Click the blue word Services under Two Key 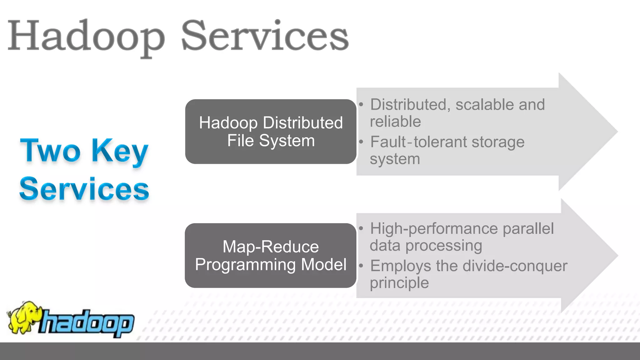point(84,189)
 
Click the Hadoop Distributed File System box point(271,132)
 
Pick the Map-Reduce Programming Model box point(271,255)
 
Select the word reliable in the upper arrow point(395,122)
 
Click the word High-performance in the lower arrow point(434,228)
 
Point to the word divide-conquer point(515,266)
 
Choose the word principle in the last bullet point(399,283)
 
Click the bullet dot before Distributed point(361,105)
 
